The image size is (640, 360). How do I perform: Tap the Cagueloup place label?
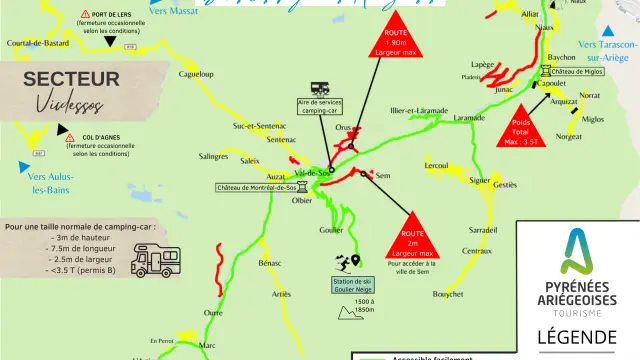(x=195, y=75)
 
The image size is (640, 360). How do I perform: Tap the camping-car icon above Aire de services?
(x=321, y=88)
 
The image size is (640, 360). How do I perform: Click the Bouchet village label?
(x=447, y=294)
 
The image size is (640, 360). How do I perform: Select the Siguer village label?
(x=480, y=180)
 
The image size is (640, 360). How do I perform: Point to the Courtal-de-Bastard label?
(x=38, y=44)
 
